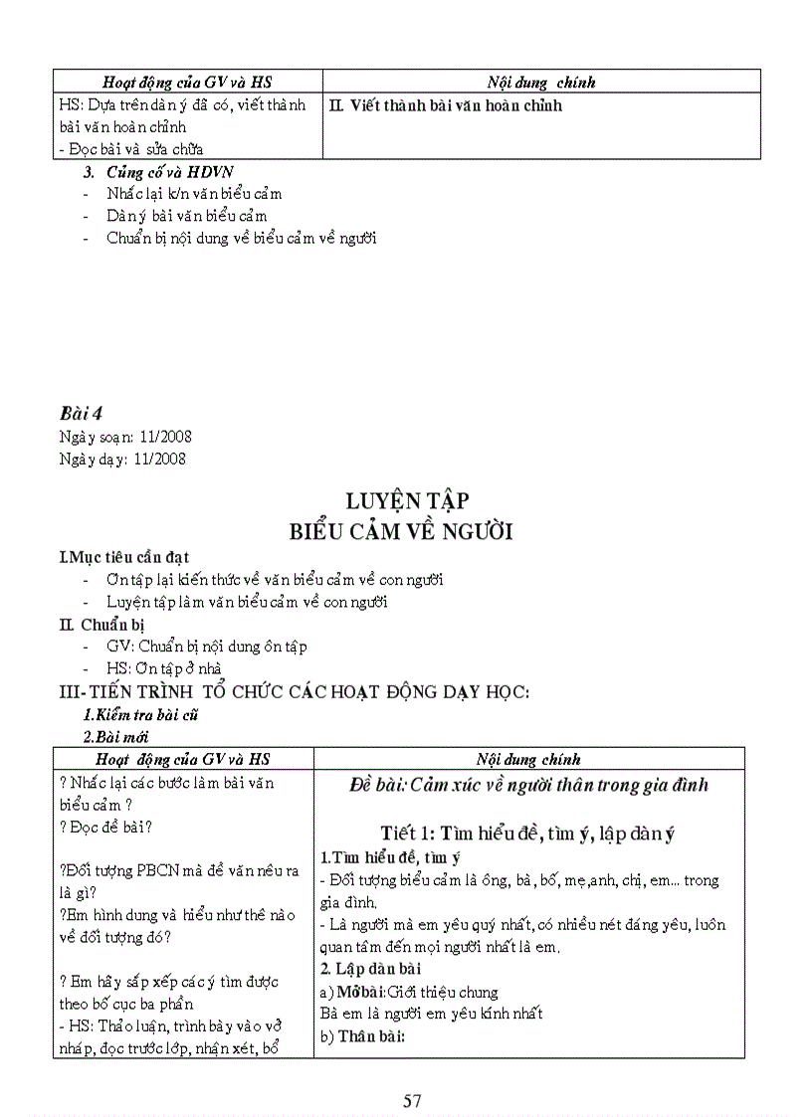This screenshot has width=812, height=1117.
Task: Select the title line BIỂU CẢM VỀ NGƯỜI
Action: pos(401,532)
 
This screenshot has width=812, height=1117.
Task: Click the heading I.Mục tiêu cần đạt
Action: pos(124,557)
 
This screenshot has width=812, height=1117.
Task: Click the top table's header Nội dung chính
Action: pos(541,83)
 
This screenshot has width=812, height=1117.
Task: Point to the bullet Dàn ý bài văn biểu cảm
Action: pos(187,215)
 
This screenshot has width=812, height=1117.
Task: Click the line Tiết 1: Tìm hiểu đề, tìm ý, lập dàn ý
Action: pos(527,835)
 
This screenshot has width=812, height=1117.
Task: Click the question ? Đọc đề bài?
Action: pos(113,826)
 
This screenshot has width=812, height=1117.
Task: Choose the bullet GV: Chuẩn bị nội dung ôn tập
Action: pos(207,647)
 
